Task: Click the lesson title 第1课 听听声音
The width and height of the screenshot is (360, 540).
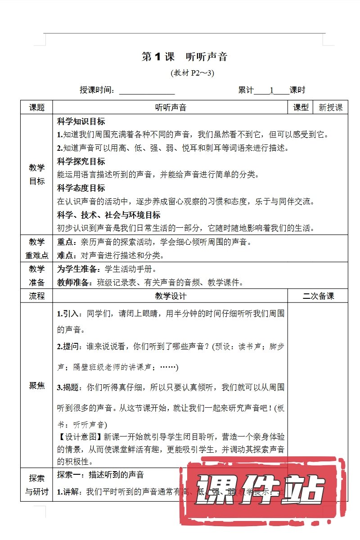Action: click(184, 57)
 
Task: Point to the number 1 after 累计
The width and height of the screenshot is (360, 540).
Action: click(272, 90)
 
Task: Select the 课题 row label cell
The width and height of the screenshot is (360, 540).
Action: click(37, 108)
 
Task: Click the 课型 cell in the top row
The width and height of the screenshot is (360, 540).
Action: click(301, 108)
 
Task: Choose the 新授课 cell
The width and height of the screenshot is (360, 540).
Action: click(331, 108)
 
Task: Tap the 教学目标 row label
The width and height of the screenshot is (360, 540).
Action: click(37, 175)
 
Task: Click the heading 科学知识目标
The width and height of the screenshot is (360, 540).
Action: click(81, 121)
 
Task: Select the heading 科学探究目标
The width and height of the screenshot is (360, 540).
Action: click(81, 162)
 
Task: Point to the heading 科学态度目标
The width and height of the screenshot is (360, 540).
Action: click(81, 188)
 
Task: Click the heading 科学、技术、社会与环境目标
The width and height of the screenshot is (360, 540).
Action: click(108, 215)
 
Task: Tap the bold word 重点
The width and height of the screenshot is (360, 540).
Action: click(66, 242)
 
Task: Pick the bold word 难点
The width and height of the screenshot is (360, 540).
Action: click(66, 256)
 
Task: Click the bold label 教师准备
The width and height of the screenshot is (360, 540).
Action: click(74, 283)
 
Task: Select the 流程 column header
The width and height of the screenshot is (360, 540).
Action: click(37, 296)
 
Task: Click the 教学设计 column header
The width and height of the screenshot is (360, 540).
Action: click(171, 296)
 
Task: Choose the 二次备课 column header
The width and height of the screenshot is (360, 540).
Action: click(318, 296)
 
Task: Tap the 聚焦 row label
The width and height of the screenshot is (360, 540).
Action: click(37, 386)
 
